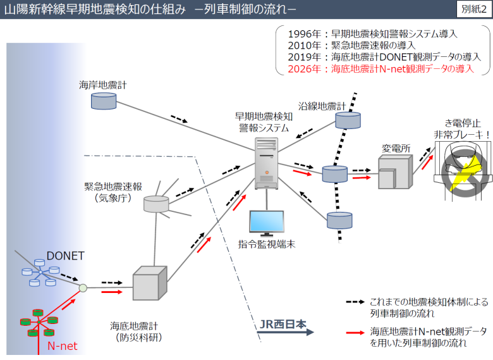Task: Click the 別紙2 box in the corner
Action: (473, 9)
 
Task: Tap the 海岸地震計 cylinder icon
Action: (100, 100)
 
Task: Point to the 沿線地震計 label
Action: (322, 106)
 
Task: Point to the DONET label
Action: (64, 256)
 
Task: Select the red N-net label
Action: (62, 346)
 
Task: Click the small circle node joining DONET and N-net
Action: (83, 288)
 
